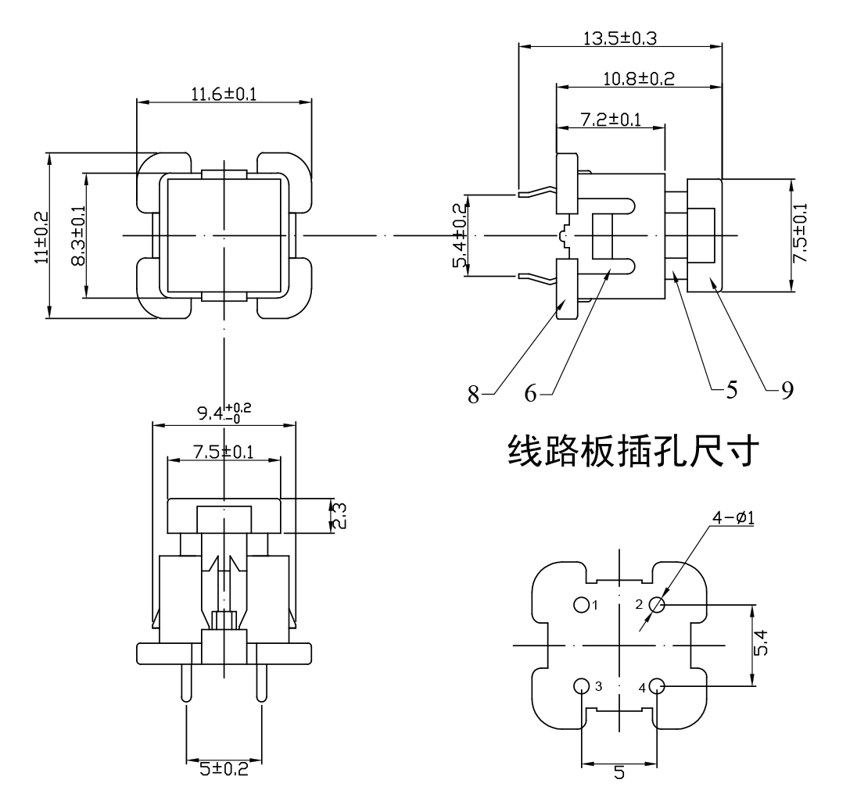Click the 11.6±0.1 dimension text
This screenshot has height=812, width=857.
(x=224, y=95)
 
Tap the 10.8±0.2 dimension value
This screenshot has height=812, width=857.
(x=638, y=78)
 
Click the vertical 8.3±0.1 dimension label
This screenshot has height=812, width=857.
(x=77, y=235)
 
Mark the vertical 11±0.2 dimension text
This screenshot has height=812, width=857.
(x=41, y=235)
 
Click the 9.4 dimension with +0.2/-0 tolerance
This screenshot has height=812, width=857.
(x=224, y=413)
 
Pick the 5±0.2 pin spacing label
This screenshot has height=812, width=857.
(x=224, y=768)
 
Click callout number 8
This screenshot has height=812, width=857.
(x=473, y=394)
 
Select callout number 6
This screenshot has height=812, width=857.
(x=530, y=394)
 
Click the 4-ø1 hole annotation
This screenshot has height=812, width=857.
(x=732, y=517)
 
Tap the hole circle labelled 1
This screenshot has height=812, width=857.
(x=581, y=605)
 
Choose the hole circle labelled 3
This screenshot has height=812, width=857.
(x=581, y=686)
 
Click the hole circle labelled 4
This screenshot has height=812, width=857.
(x=656, y=686)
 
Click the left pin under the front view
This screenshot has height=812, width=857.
(x=186, y=682)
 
